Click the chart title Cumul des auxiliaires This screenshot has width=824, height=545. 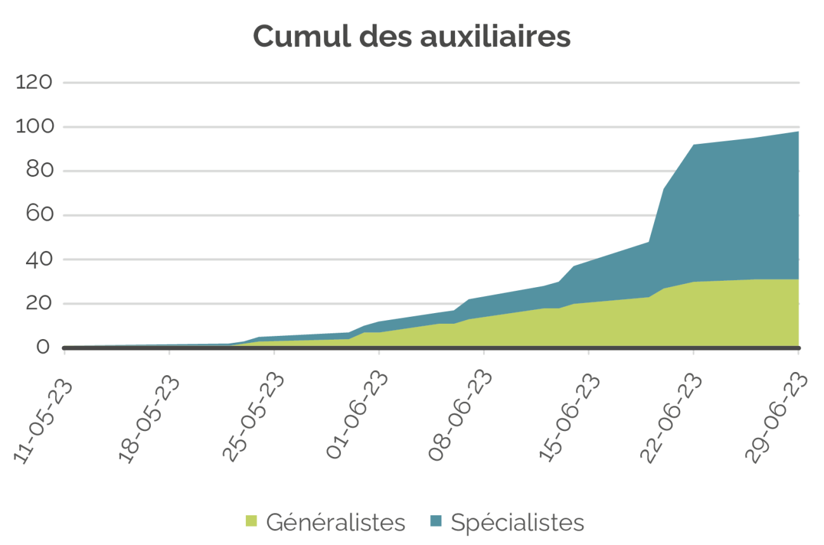click(411, 37)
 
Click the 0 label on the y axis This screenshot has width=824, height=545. click(43, 348)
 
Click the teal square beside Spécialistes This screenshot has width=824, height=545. click(435, 522)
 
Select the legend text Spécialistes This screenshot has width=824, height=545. click(517, 523)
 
